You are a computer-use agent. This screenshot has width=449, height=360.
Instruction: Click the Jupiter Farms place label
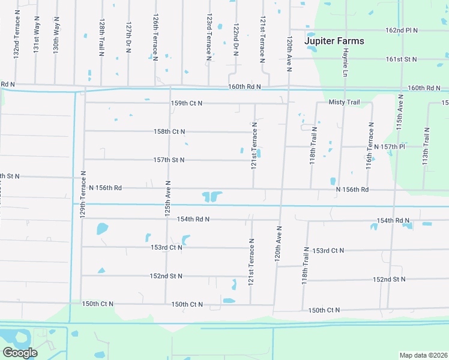pyautogui.click(x=334, y=41)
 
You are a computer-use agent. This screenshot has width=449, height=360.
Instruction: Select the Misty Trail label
pyautogui.click(x=344, y=103)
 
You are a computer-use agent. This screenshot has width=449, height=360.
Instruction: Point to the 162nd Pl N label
pyautogui.click(x=401, y=30)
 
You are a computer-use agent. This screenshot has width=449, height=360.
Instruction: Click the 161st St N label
pyautogui.click(x=401, y=59)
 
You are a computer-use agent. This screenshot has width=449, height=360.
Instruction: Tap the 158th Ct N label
pyautogui.click(x=169, y=131)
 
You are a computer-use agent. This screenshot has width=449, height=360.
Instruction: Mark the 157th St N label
pyautogui.click(x=169, y=160)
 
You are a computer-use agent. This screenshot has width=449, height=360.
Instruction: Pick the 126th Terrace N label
pyautogui.click(x=155, y=37)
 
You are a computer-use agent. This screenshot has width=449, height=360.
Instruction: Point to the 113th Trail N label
pyautogui.click(x=427, y=147)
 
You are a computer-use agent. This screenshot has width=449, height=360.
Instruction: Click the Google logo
pyautogui.click(x=20, y=353)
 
